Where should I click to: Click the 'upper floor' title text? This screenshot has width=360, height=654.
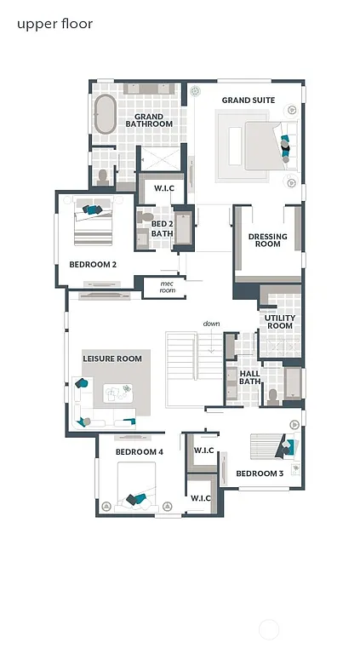pyautogui.click(x=54, y=24)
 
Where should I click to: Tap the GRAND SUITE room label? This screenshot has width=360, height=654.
pyautogui.click(x=249, y=100)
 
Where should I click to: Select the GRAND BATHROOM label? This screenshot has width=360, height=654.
pyautogui.click(x=149, y=120)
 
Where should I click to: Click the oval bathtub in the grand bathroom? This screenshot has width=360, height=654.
pyautogui.click(x=106, y=114)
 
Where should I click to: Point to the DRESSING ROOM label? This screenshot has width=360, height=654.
pyautogui.click(x=267, y=240)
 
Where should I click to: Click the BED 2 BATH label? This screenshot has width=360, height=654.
pyautogui.click(x=162, y=227)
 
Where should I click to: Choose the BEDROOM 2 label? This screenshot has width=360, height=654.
pyautogui.click(x=93, y=265)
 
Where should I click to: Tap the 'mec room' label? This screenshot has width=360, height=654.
pyautogui.click(x=167, y=287)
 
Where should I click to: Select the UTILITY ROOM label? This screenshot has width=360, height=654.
pyautogui.click(x=279, y=322)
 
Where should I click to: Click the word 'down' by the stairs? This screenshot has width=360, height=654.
pyautogui.click(x=211, y=324)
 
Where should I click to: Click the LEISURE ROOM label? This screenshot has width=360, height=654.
pyautogui.click(x=112, y=359)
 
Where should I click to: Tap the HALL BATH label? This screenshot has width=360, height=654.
pyautogui.click(x=250, y=377)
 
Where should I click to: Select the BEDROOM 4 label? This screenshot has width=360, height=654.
pyautogui.click(x=139, y=451)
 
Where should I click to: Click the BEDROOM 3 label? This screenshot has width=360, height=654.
pyautogui.click(x=260, y=473)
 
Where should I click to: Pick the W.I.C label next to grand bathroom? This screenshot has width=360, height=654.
pyautogui.click(x=163, y=188)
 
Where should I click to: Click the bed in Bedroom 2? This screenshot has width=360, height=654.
pyautogui.click(x=94, y=223)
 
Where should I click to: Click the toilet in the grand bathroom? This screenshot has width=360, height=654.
pyautogui.click(x=103, y=176)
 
